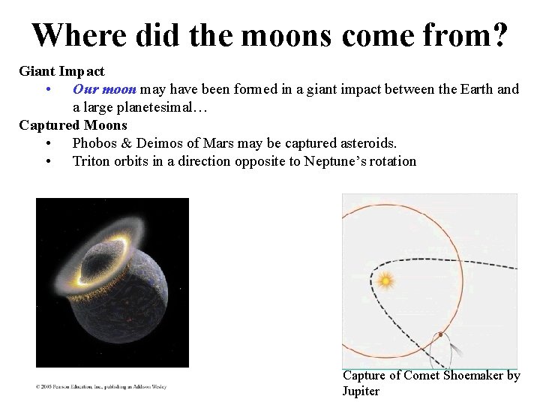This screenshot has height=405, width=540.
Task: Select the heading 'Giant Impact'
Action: [x=61, y=72]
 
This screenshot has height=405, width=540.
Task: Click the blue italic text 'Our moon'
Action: [x=104, y=89]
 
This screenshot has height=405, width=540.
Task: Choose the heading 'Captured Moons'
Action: [x=73, y=125]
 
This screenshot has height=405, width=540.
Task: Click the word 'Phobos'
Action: [x=94, y=143]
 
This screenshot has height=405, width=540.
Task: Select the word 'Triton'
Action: [x=91, y=161]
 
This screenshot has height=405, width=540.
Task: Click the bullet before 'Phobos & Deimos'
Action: [x=48, y=143]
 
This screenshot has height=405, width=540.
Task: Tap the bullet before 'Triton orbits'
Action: [x=48, y=161]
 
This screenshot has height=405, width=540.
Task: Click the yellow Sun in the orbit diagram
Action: [x=385, y=281]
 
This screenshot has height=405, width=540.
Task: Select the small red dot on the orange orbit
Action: [x=441, y=334]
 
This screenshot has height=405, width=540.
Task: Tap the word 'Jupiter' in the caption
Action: [x=361, y=391]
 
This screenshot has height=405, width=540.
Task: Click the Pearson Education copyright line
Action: [x=101, y=387]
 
